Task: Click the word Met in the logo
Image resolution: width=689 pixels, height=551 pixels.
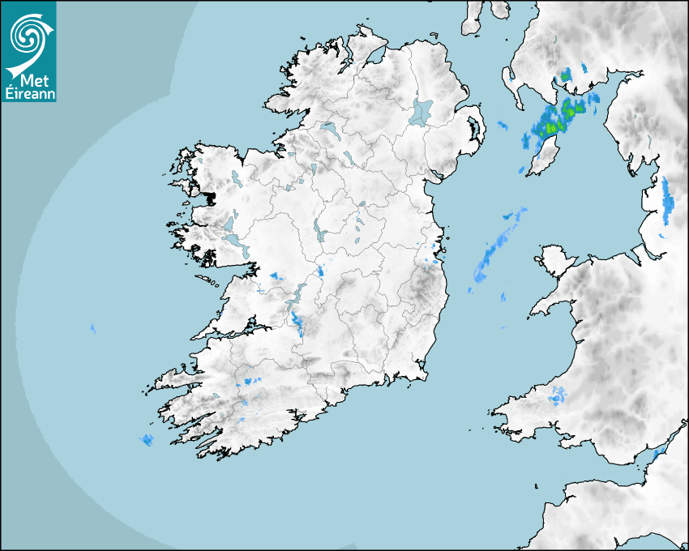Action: tap(32, 80)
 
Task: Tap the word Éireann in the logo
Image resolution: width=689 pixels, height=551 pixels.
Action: tap(30, 94)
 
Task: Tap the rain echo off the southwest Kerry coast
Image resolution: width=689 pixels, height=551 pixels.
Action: tap(147, 440)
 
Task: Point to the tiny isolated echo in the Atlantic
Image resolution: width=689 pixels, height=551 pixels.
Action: tap(92, 328)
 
